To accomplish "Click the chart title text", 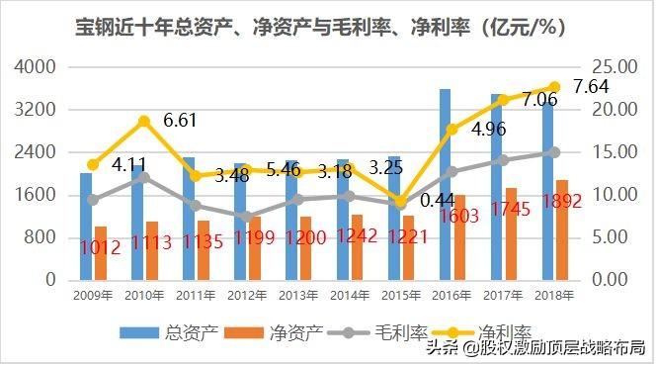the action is [320, 28].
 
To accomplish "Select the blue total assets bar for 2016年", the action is [445, 185].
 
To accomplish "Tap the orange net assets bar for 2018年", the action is [562, 229].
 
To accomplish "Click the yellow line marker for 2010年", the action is [144, 122].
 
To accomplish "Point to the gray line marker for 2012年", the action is [247, 217].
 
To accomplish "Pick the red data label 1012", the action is [100, 247].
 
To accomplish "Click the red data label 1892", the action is [562, 202].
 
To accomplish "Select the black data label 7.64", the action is [591, 87].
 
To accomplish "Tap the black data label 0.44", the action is [438, 201].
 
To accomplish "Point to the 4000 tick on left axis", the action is [35, 66].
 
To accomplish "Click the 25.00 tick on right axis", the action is [615, 66].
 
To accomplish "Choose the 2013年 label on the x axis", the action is [298, 296].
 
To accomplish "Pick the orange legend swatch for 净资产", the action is [244, 333].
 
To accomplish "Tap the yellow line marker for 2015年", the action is [401, 202].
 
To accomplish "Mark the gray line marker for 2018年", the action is [554, 152].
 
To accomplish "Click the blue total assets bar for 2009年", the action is [86, 227].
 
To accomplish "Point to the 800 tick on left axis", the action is [40, 237].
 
